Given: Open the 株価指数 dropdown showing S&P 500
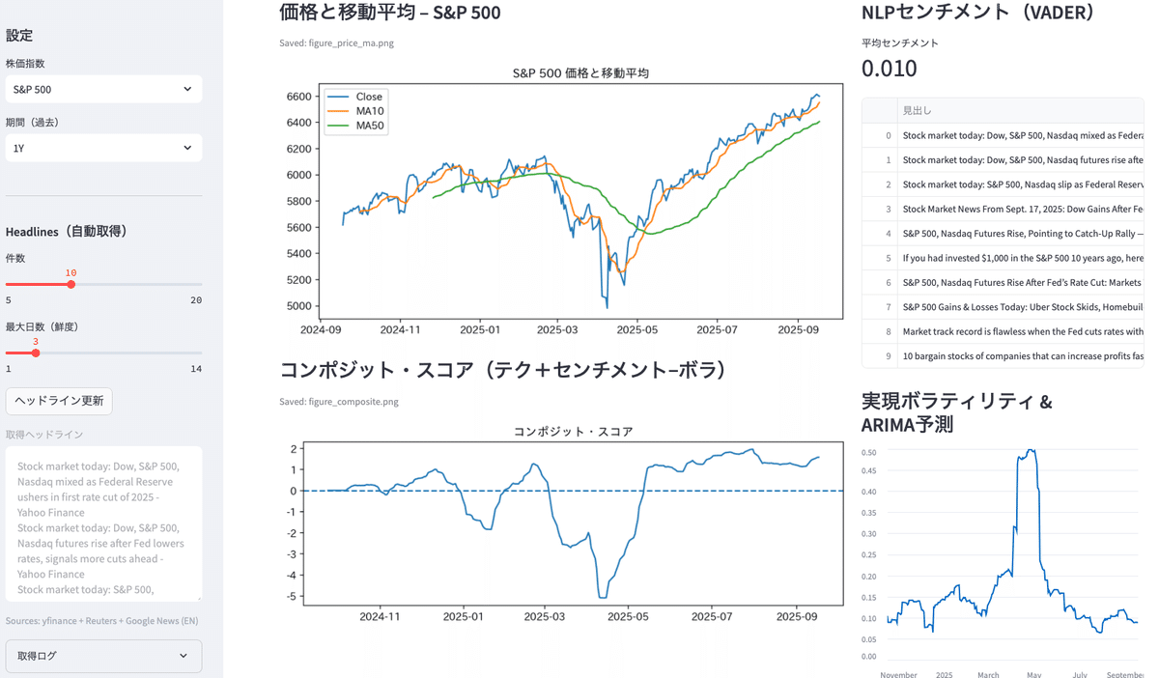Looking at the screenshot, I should point(103,89).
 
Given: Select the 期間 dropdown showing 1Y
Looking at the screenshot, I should point(103,148).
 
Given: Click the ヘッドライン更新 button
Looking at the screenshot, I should point(59,401).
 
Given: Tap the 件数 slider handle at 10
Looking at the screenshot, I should point(71,285).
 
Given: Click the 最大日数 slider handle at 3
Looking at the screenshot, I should point(36,353).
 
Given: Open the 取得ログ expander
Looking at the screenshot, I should point(103,656).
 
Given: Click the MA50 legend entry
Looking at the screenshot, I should point(369,126).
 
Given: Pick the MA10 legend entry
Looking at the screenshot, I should point(369,111).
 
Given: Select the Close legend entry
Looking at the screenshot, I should point(368,97).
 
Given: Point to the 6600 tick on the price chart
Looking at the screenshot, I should point(298,97).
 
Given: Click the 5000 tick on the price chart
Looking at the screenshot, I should point(298,306).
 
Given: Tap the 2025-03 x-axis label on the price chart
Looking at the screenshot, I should point(557,330).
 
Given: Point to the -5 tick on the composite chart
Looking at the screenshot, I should point(291,597).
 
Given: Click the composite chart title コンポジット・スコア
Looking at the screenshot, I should point(573,432).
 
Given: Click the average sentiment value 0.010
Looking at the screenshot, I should point(889,69).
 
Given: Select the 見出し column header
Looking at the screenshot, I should point(918,110).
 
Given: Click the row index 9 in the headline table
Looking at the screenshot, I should point(888,356).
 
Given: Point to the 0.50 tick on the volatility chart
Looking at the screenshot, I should point(868,452).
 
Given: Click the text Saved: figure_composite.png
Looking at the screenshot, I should point(338,402).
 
